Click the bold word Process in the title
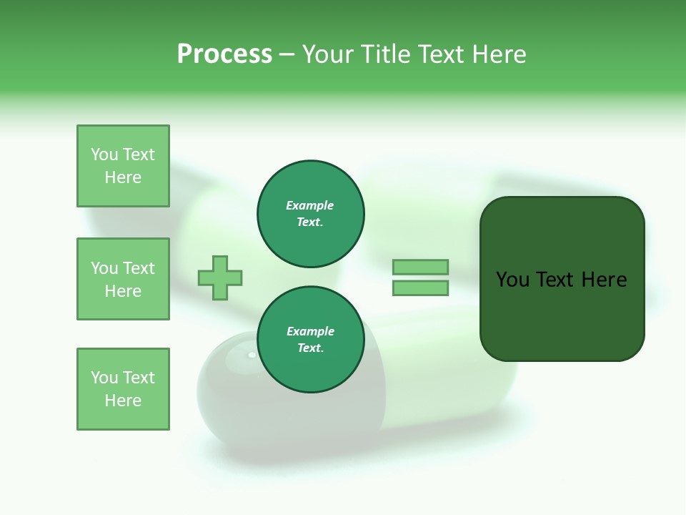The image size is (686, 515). coord(224,54)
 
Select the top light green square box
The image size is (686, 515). coord(123,166)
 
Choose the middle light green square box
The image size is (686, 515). coord(123,279)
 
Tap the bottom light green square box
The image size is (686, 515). coord(123,389)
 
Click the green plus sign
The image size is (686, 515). coord(220,278)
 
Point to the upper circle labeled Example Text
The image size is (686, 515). coord(311,214)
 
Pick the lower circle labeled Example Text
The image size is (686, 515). coord(311,340)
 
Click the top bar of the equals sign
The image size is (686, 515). coord(420,267)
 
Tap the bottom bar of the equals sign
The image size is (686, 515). coord(420,288)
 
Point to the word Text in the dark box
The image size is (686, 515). coord(557,280)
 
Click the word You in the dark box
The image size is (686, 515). coord(512,280)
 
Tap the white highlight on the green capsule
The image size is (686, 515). coord(251,355)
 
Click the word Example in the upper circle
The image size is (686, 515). coord(310,205)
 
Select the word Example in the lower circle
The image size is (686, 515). coord(310,331)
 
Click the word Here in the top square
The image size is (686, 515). coord(123,177)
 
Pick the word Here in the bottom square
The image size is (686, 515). coord(123,401)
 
